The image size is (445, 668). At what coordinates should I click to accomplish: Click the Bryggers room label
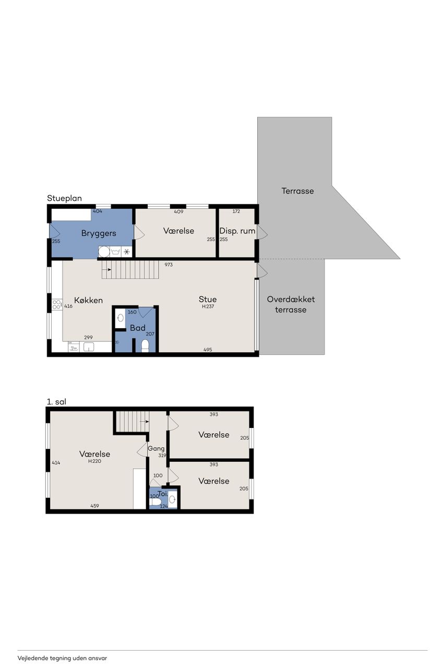[x=99, y=233]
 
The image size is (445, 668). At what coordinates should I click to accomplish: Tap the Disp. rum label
[x=237, y=231]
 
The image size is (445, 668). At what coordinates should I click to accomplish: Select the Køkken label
[x=88, y=300]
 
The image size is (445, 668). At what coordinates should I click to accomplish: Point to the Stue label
[x=208, y=299]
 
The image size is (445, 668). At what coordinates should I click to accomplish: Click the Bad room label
[x=137, y=328]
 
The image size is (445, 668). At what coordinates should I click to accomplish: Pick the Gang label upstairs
[x=156, y=448]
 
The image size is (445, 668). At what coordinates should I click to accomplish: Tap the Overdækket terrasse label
[x=291, y=304]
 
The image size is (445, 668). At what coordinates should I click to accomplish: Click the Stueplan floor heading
[x=64, y=199]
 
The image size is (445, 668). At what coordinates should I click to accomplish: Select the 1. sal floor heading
[x=56, y=402]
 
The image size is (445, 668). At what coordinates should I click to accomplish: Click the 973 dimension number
[x=169, y=265]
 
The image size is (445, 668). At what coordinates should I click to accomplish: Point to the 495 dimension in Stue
[x=208, y=350]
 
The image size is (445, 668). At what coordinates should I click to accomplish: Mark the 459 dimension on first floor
[x=94, y=506]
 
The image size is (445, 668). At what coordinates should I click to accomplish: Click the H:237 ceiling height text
[x=208, y=306]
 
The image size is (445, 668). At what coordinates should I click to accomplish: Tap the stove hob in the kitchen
[x=57, y=304]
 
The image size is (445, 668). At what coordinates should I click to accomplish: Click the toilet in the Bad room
[x=145, y=346]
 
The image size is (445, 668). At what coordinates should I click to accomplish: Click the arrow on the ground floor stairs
[x=107, y=270]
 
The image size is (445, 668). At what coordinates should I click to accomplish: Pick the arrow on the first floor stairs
[x=145, y=422]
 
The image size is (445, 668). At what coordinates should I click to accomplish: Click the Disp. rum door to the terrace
[x=262, y=232]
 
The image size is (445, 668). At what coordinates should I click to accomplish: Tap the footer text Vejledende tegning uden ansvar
[x=62, y=658]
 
